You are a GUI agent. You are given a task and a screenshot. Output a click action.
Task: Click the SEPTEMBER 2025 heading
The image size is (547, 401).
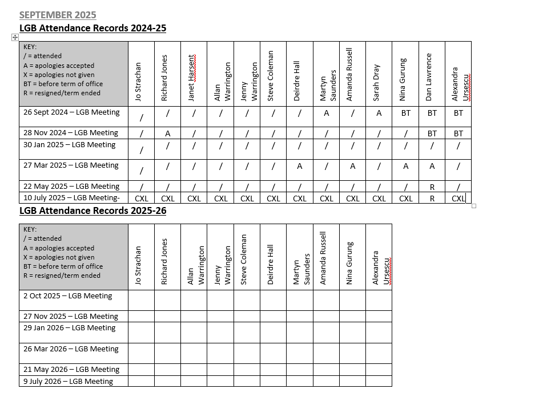[x=58, y=15]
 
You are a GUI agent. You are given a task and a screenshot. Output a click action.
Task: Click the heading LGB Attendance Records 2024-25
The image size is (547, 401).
[x=92, y=28]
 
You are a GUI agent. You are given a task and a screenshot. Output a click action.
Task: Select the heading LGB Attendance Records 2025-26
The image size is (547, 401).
[x=92, y=210]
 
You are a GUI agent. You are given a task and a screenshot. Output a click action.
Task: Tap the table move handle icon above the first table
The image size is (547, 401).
[x=15, y=37]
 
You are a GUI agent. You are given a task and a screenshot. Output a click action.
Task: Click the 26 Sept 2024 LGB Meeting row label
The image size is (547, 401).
[x=71, y=112]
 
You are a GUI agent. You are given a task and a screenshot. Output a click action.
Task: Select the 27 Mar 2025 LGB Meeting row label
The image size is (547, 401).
[x=71, y=165]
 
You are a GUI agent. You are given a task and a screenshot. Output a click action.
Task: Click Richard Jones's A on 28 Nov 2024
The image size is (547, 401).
[x=168, y=133]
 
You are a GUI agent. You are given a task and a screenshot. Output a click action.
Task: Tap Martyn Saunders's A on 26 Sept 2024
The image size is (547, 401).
[x=326, y=113]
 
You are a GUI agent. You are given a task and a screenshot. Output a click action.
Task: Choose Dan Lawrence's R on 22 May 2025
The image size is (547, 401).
[x=432, y=187]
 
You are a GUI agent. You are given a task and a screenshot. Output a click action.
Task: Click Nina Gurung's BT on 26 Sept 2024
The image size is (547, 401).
[x=405, y=113]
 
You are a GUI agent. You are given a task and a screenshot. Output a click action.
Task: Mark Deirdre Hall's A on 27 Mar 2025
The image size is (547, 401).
[x=300, y=166]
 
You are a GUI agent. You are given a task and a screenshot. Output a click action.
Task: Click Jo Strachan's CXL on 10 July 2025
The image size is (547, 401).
[x=141, y=199]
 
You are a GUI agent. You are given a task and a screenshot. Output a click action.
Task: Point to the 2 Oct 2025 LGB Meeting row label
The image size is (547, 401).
[x=67, y=296]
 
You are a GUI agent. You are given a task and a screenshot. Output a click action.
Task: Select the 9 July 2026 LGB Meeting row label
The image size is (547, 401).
[x=68, y=382]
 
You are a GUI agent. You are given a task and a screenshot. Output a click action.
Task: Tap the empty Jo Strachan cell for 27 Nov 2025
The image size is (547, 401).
[x=141, y=316]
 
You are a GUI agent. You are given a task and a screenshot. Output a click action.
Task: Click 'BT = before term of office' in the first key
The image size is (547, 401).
[x=63, y=84]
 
